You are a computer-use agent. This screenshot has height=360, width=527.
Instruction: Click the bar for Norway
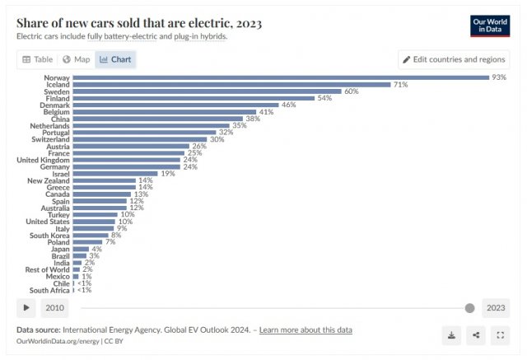click(x=280, y=77)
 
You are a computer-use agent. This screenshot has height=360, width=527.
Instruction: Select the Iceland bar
click(x=231, y=85)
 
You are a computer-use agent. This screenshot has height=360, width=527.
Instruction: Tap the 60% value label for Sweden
click(x=352, y=91)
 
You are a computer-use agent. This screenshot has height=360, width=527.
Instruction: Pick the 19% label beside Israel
click(x=168, y=174)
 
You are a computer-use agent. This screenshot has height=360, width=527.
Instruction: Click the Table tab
click(x=38, y=59)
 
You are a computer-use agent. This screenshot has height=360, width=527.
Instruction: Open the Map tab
click(x=77, y=59)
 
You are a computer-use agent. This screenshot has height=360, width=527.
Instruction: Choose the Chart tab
click(x=115, y=59)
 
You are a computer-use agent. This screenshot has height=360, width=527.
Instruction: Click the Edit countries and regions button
click(x=454, y=59)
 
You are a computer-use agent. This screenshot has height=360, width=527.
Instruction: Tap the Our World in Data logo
click(x=490, y=25)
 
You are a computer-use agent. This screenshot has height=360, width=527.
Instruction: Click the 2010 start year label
click(x=55, y=308)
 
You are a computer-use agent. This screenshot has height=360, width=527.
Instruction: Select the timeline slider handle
click(x=469, y=308)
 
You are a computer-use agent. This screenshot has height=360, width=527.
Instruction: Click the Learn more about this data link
click(x=305, y=330)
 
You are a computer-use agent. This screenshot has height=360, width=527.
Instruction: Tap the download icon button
click(x=451, y=335)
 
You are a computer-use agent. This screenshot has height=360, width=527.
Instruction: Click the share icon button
click(x=476, y=335)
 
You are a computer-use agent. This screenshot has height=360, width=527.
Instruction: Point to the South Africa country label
click(x=49, y=290)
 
